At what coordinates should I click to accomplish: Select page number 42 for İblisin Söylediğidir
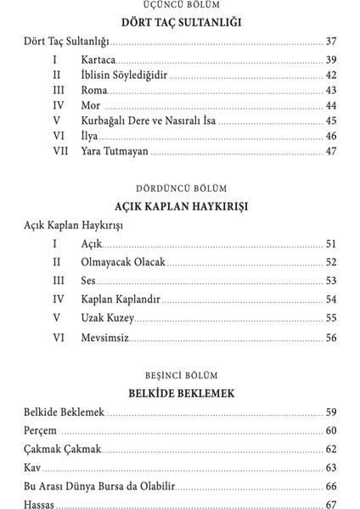point(330,76)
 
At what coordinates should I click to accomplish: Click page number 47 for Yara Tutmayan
point(330,151)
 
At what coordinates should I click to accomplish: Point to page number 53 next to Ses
point(330,281)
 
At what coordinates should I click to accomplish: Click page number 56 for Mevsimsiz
point(330,338)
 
